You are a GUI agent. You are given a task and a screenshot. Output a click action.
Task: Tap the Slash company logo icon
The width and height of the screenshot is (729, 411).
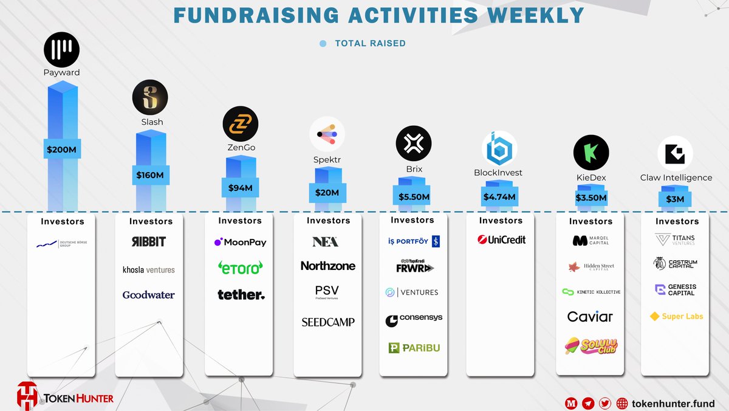pyautogui.click(x=150, y=97)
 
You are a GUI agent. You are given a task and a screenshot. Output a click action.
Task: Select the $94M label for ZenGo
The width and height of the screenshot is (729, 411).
pyautogui.click(x=240, y=187)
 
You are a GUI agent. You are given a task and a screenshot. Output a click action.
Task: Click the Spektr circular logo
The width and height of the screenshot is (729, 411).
pyautogui.click(x=327, y=134)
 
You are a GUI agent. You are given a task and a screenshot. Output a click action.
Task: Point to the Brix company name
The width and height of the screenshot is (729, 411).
pyautogui.click(x=414, y=169)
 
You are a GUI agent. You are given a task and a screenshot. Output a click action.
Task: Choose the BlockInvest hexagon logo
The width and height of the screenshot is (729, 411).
pyautogui.click(x=499, y=148)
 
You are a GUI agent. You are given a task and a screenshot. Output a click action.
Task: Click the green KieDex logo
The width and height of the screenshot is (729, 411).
pyautogui.click(x=591, y=152)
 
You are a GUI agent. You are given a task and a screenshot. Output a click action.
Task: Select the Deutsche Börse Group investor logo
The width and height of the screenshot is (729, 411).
pyautogui.click(x=63, y=244)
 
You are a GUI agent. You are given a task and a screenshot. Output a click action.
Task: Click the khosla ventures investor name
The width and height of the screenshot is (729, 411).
pyautogui.click(x=149, y=269)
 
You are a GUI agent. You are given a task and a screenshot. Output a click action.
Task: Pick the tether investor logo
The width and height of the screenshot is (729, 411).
pyautogui.click(x=241, y=295)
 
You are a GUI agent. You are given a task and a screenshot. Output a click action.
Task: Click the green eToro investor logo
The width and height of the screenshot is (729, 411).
pyautogui.click(x=241, y=268)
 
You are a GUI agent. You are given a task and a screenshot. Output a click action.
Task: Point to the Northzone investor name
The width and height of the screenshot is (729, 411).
pyautogui.click(x=328, y=266)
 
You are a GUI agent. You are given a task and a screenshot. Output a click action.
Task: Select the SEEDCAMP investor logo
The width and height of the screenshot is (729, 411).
pyautogui.click(x=328, y=322)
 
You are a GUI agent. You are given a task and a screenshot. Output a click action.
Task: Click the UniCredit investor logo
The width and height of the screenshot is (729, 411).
pyautogui.click(x=501, y=240)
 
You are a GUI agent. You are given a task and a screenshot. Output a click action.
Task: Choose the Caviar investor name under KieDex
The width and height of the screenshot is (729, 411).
pyautogui.click(x=590, y=316)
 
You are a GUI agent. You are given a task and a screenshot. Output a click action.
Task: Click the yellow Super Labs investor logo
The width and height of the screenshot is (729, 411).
pyautogui.click(x=676, y=316)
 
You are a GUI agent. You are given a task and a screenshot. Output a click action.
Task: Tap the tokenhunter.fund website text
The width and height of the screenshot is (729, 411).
pyautogui.click(x=673, y=403)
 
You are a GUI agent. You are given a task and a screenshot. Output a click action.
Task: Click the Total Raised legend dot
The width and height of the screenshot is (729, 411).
pyautogui.click(x=323, y=43)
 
